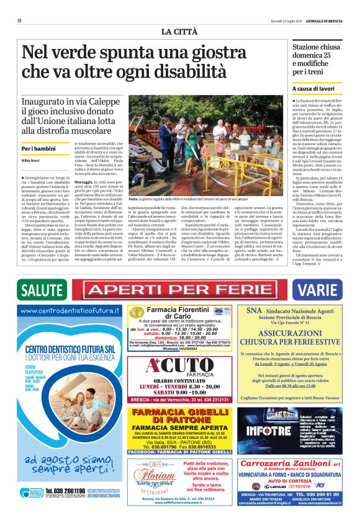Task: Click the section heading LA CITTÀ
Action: (179, 31)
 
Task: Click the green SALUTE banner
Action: (44, 290)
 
